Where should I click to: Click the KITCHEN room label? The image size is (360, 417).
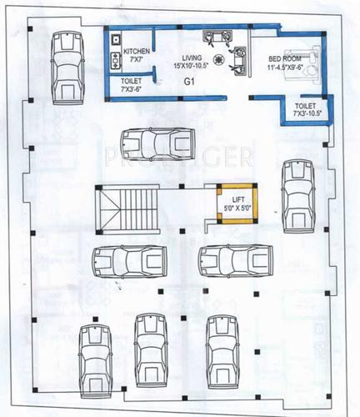137,52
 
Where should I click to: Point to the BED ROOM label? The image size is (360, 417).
285,58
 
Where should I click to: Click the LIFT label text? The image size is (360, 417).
237,199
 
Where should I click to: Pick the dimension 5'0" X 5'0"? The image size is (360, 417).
237,208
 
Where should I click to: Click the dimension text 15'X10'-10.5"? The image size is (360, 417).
191,65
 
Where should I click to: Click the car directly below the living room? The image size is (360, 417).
154,144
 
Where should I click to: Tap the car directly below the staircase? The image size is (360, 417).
126,262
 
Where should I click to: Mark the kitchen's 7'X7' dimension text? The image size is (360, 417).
137,60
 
